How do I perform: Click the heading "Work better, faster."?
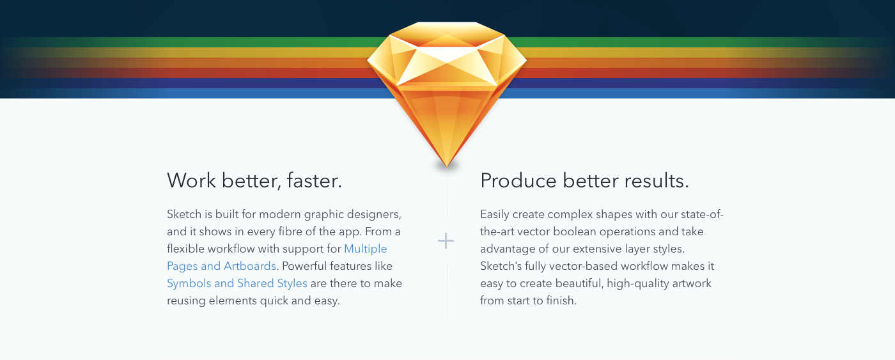[254, 180]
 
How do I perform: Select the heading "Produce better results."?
[584, 180]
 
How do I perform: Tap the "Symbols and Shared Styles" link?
[237, 283]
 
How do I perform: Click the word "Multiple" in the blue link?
[365, 249]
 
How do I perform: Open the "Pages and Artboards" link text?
[221, 266]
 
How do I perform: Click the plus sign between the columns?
[446, 241]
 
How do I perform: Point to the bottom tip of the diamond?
[447, 166]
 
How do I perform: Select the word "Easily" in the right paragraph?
[495, 215]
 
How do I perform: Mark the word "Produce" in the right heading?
[518, 180]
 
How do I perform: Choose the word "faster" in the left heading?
[313, 180]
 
